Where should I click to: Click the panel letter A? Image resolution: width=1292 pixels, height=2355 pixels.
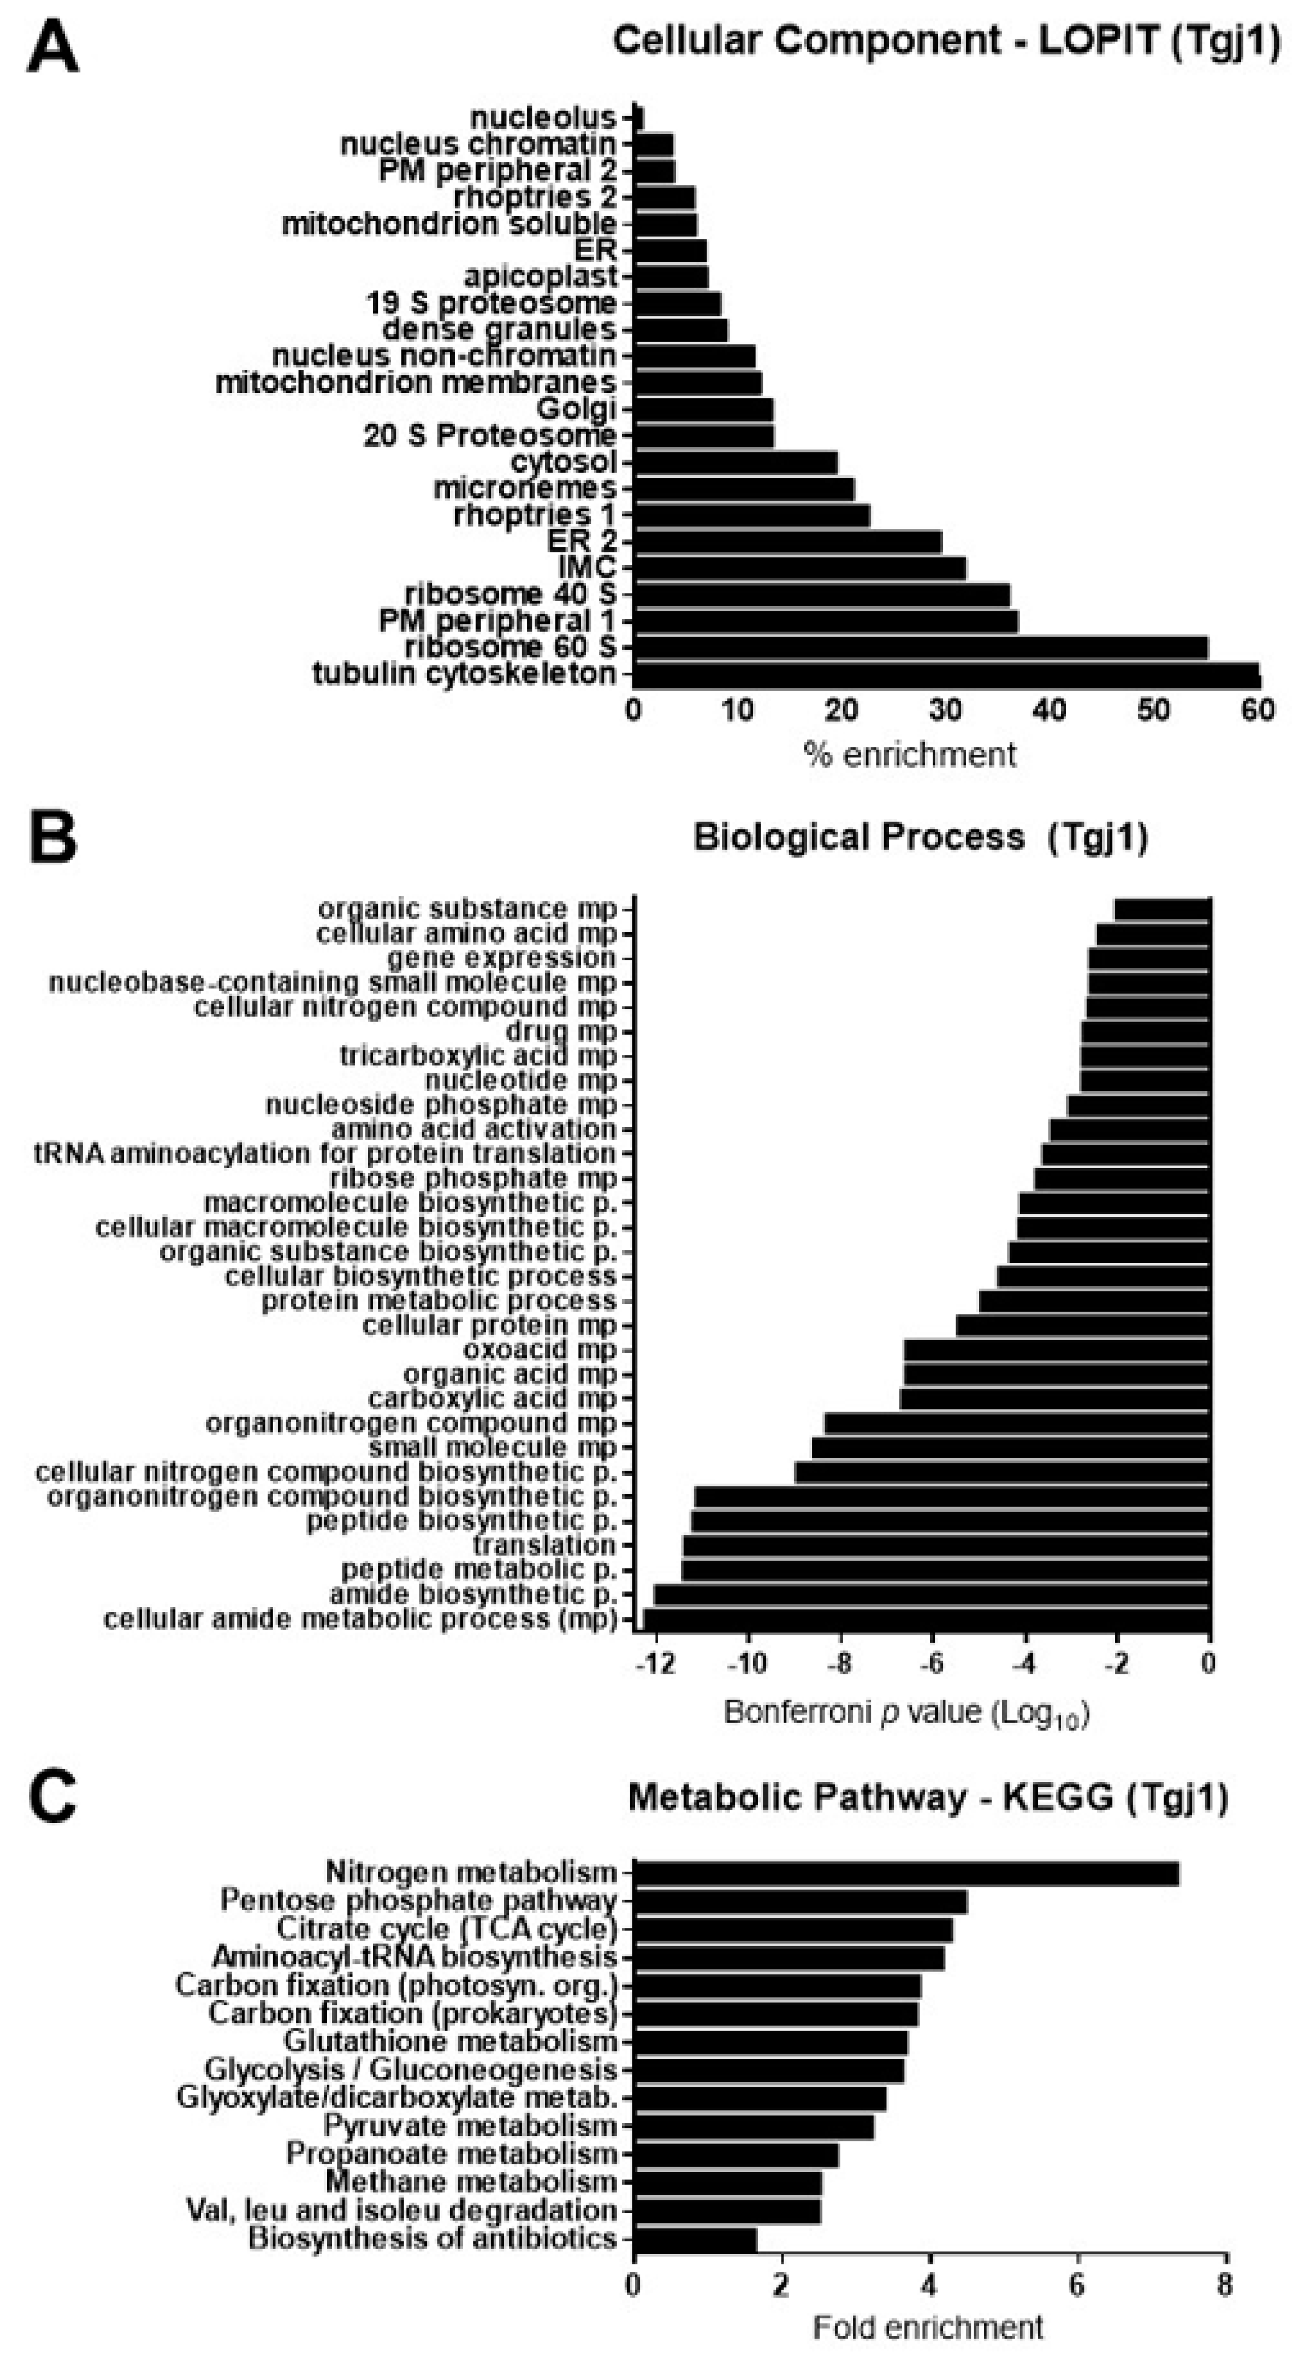click(x=52, y=48)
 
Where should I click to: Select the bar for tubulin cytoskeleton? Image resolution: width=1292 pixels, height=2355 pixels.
click(x=946, y=675)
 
